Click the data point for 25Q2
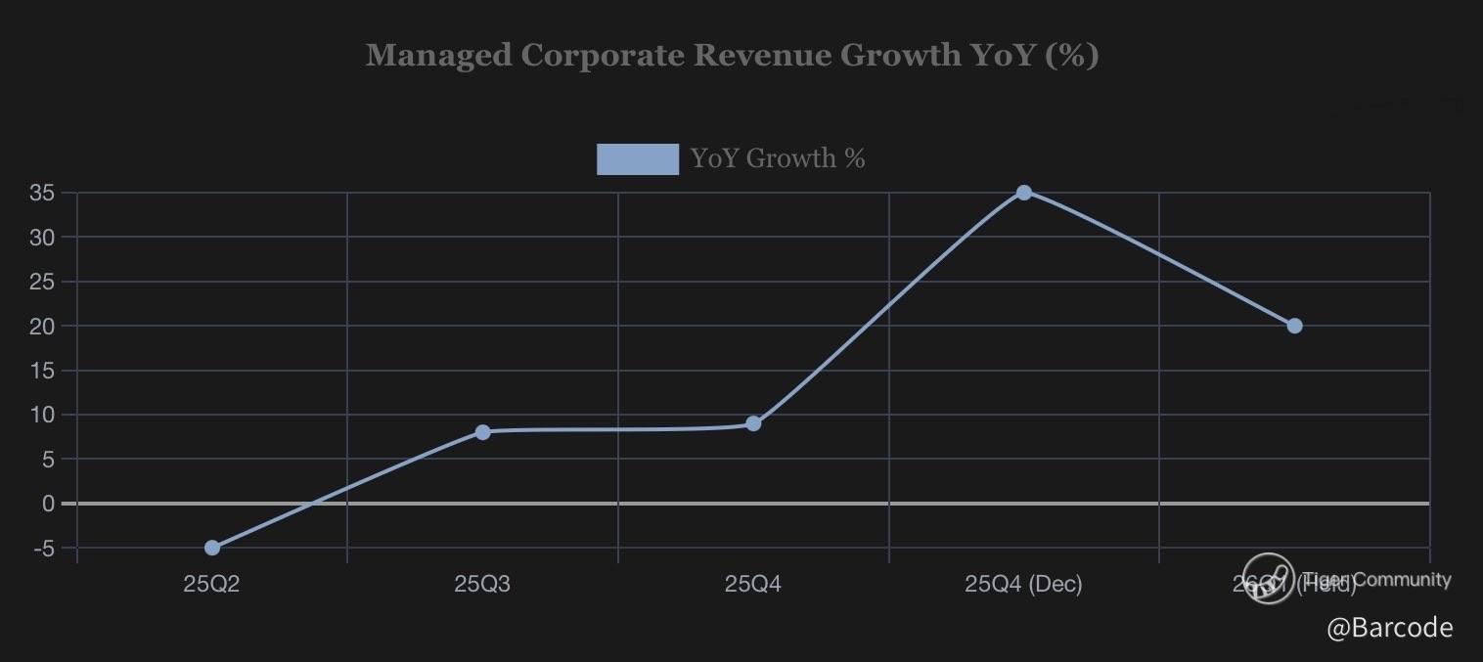point(212,548)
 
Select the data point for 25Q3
point(482,432)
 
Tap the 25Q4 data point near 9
point(753,423)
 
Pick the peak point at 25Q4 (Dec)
point(1023,193)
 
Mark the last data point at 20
point(1294,326)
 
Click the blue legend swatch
point(638,158)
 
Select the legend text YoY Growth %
point(778,158)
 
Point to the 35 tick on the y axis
point(41,193)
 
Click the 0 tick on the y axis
point(48,504)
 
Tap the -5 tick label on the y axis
point(43,549)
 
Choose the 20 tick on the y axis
point(41,326)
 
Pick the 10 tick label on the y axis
point(41,415)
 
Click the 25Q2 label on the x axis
point(211,585)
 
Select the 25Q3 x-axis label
point(482,585)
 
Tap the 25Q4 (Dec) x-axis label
point(1023,585)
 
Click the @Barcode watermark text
point(1389,628)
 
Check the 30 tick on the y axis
point(41,237)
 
